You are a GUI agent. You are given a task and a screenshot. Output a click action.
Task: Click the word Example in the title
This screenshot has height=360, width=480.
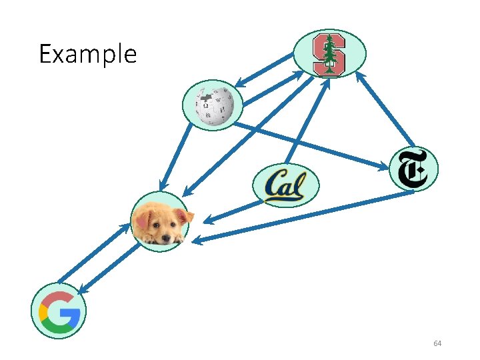tap(87, 53)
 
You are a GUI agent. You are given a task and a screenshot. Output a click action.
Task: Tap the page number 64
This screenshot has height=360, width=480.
tap(437, 343)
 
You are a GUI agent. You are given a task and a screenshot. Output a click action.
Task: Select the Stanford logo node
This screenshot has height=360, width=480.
tap(329, 53)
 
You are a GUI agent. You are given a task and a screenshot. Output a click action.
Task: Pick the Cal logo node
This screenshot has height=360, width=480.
tap(285, 185)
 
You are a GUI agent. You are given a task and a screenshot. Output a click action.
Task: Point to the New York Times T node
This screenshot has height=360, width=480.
tap(413, 168)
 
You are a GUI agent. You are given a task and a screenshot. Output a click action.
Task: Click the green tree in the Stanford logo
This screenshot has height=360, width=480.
tap(329, 51)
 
